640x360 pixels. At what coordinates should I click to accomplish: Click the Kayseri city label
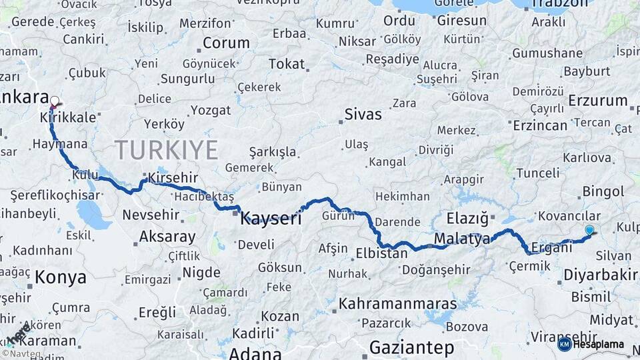(271, 217)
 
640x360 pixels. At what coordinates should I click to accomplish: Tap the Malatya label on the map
(462, 239)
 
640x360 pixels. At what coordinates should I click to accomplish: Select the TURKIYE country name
(166, 150)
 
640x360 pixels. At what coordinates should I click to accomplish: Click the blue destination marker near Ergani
(589, 231)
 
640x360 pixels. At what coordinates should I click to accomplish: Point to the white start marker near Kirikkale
(55, 102)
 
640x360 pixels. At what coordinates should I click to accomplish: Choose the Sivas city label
(363, 114)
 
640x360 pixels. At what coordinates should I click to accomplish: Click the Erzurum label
(598, 101)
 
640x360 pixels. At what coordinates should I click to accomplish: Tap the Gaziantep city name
(411, 347)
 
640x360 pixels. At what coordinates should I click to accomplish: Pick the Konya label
(61, 277)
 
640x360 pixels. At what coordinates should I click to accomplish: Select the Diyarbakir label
(601, 275)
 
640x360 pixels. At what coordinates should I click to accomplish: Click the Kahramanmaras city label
(398, 304)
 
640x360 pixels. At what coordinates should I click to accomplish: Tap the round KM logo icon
(565, 344)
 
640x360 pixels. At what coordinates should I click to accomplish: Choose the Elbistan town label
(381, 253)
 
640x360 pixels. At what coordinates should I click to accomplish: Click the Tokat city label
(286, 64)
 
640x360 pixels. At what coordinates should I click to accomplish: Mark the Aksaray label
(167, 237)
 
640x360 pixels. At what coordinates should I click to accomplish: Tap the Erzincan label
(540, 125)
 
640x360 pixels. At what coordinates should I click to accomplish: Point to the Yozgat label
(211, 110)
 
